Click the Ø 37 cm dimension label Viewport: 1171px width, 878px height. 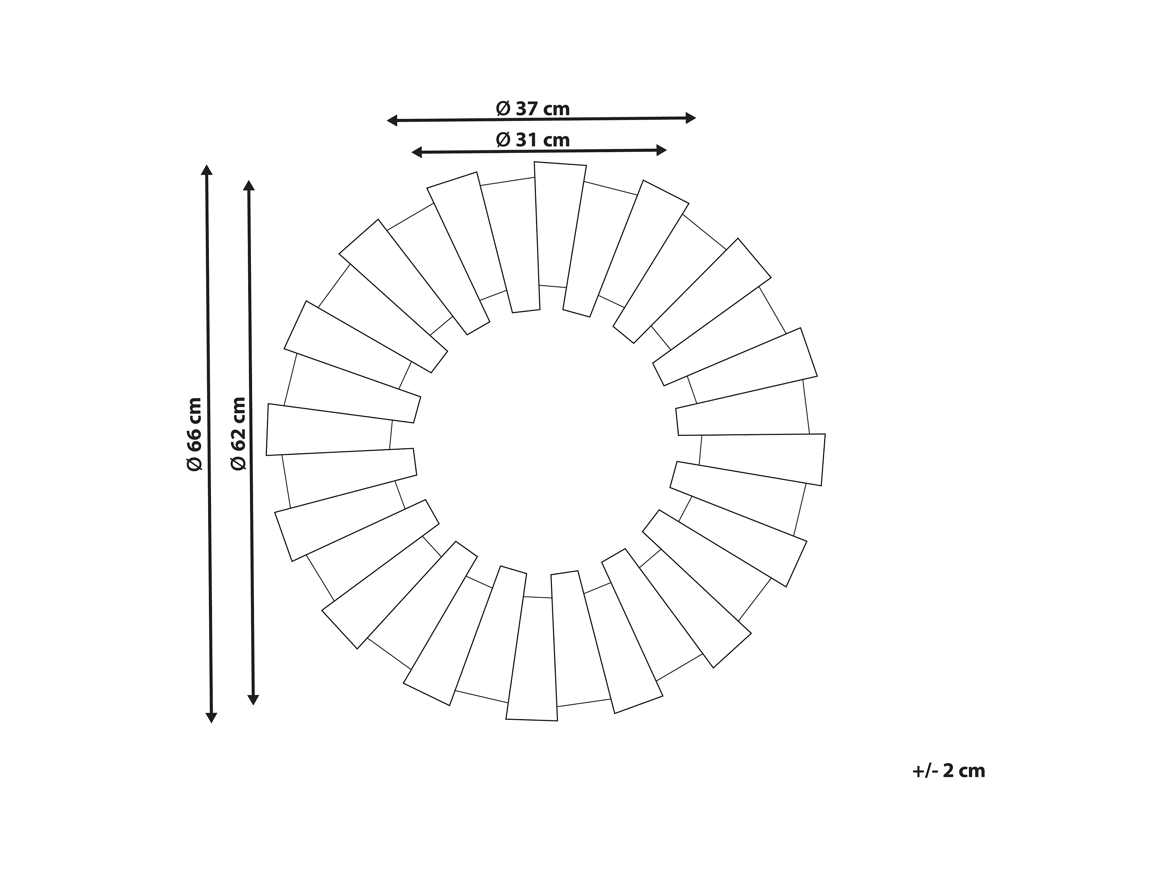(532, 109)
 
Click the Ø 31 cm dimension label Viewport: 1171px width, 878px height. (532, 140)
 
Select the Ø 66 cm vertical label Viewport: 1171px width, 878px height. (194, 434)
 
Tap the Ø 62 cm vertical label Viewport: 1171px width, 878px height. (238, 434)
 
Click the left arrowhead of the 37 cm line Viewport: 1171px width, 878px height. (392, 121)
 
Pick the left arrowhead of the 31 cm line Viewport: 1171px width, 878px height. (417, 153)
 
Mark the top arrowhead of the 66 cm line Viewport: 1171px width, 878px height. (207, 170)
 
